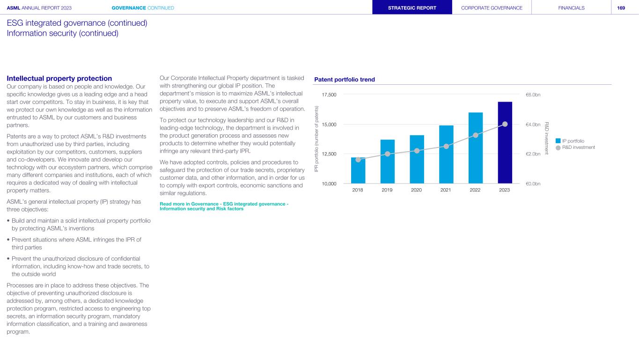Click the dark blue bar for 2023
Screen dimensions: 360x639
tap(505, 142)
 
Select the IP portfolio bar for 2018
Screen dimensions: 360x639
tap(358, 170)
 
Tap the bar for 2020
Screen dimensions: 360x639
tap(417, 159)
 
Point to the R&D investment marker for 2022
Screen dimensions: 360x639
tap(476, 135)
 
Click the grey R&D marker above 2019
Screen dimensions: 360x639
tap(388, 154)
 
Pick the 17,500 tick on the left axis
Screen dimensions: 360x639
tap(329, 95)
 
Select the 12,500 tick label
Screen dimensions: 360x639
tap(329, 154)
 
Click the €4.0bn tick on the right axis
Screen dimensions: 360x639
tap(533, 125)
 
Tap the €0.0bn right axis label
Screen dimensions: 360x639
tap(533, 184)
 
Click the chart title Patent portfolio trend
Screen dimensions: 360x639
tap(345, 80)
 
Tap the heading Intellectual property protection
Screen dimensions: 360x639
tap(59, 79)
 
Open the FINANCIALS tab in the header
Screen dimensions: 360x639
tap(571, 8)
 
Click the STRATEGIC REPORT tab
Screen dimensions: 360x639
tap(412, 8)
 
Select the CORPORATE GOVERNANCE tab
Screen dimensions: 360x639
tap(492, 8)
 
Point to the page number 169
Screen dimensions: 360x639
tap(621, 8)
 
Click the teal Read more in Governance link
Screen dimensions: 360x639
tap(224, 206)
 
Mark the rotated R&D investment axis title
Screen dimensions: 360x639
tap(546, 139)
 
